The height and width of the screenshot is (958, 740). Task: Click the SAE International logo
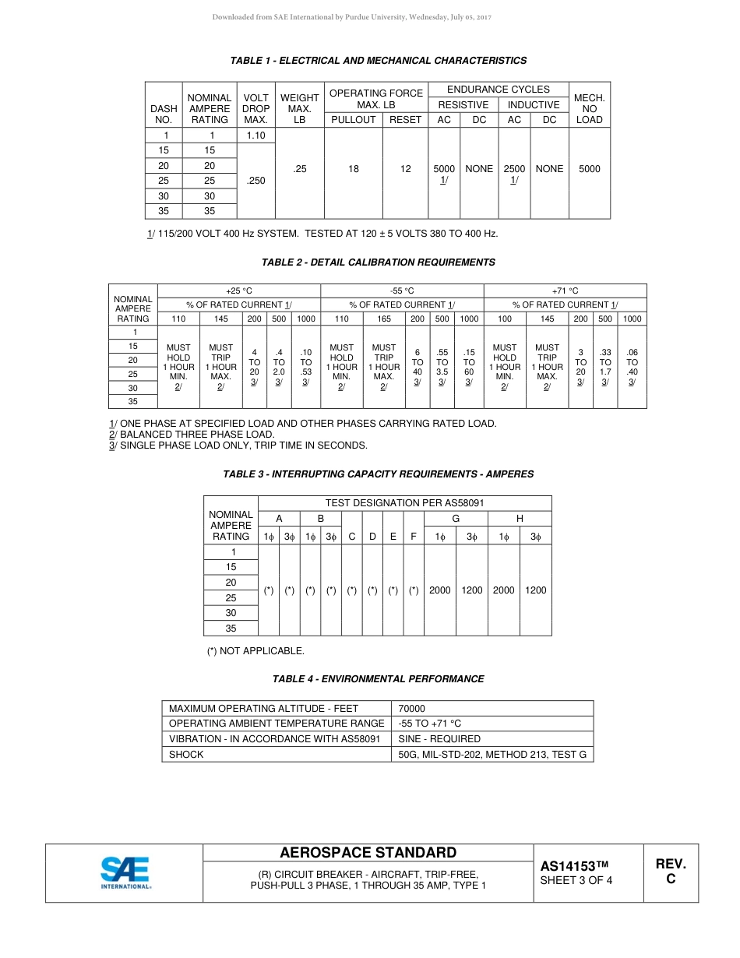point(125,872)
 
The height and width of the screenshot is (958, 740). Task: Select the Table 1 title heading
point(378,61)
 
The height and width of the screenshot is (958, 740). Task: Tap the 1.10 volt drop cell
point(255,136)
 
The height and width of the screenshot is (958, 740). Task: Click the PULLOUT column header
point(353,120)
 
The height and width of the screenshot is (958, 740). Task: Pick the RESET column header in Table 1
point(405,120)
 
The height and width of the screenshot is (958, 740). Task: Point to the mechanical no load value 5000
point(590,169)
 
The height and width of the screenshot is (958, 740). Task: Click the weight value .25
point(299,169)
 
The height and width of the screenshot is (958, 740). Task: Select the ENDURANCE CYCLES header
point(498,90)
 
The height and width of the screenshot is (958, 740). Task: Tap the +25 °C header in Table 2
point(239,291)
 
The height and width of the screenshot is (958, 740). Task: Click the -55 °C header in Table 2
point(402,291)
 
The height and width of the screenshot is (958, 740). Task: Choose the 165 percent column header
point(384,319)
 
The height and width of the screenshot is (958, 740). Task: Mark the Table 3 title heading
point(378,474)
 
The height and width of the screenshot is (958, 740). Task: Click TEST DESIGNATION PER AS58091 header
point(404,503)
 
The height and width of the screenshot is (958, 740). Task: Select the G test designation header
point(456,519)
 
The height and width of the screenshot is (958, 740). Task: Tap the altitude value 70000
point(411,709)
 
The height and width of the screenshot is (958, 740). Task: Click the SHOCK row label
point(186,754)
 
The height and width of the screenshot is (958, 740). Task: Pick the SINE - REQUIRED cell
point(439,739)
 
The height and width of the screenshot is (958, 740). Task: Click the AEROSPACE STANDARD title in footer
point(368,853)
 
